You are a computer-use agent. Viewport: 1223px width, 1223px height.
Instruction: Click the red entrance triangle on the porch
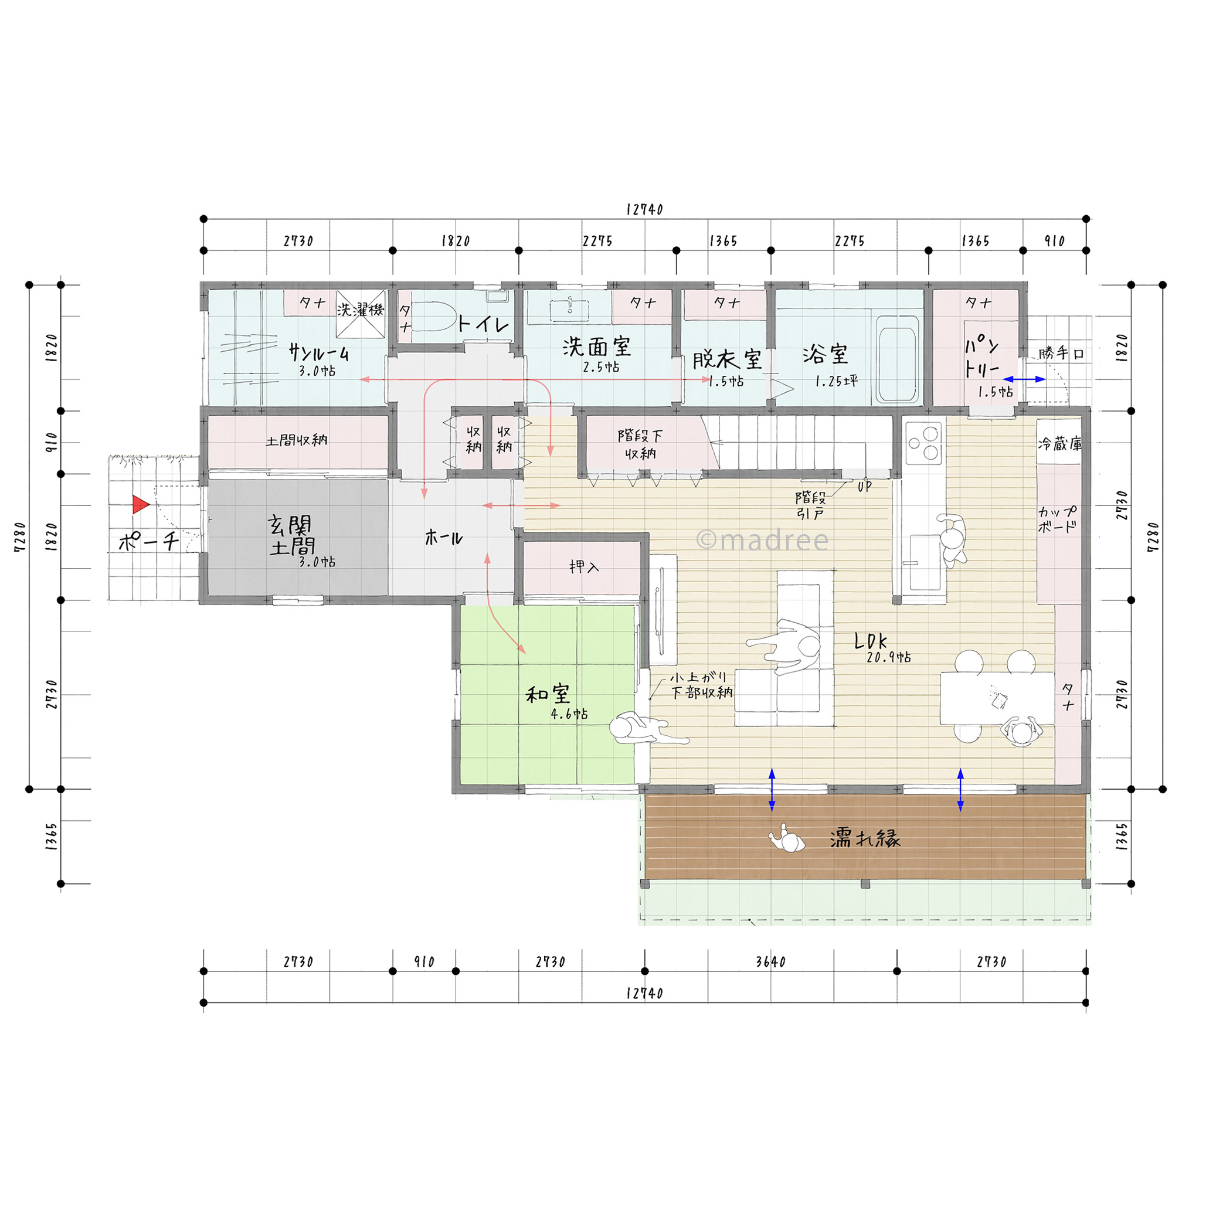pyautogui.click(x=140, y=505)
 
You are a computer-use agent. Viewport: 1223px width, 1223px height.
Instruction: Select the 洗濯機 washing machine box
pyautogui.click(x=360, y=314)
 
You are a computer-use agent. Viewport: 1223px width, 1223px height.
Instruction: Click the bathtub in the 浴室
pyautogui.click(x=898, y=359)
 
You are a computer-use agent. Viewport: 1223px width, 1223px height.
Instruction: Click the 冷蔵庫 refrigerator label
pyautogui.click(x=1059, y=444)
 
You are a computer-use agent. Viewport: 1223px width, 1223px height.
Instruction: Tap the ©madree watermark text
pyautogui.click(x=762, y=540)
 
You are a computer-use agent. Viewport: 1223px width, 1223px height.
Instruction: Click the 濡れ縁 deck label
pyautogui.click(x=865, y=839)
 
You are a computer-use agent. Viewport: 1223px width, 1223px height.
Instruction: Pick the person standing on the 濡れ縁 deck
pyautogui.click(x=787, y=840)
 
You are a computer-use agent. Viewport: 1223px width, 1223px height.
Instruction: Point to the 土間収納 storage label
pyautogui.click(x=296, y=439)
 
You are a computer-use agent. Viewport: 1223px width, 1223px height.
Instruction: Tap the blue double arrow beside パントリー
pyautogui.click(x=1024, y=379)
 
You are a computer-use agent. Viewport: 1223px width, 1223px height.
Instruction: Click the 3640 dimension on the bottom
pyautogui.click(x=770, y=962)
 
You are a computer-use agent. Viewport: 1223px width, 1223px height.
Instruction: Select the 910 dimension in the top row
pyautogui.click(x=1054, y=240)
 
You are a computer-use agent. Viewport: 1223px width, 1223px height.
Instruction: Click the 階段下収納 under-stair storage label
pyautogui.click(x=640, y=444)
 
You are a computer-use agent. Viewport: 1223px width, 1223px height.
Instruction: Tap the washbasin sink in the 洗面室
pyautogui.click(x=570, y=310)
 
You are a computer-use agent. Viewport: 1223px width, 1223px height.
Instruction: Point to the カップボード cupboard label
pyautogui.click(x=1057, y=519)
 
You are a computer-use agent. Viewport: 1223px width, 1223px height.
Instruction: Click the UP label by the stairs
pyautogui.click(x=864, y=486)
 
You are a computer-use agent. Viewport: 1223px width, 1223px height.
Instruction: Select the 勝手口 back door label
pyautogui.click(x=1062, y=353)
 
